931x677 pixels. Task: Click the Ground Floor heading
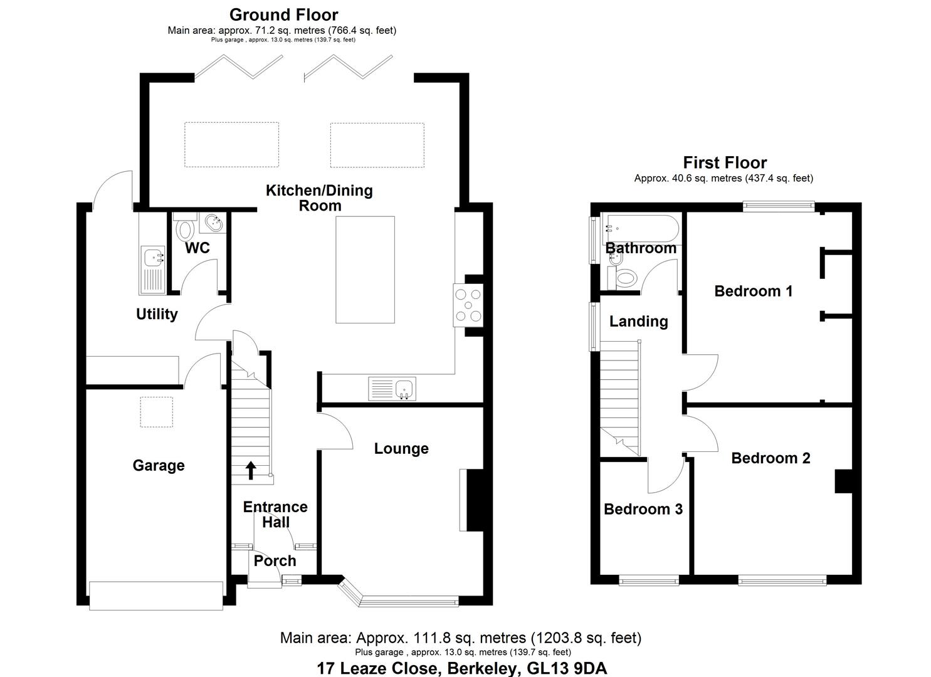[283, 14]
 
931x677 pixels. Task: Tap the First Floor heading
[725, 162]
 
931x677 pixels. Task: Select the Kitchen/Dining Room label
[319, 197]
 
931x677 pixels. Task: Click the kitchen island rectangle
[365, 269]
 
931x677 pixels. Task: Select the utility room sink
[152, 258]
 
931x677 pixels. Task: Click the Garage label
[159, 465]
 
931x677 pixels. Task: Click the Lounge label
[401, 448]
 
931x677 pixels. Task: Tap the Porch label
[275, 561]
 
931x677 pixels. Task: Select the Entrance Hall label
[275, 514]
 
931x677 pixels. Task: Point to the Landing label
[638, 321]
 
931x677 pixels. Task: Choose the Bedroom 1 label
[753, 291]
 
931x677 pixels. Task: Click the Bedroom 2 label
[771, 458]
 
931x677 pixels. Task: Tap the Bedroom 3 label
[643, 509]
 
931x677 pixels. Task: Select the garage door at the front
[156, 596]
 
